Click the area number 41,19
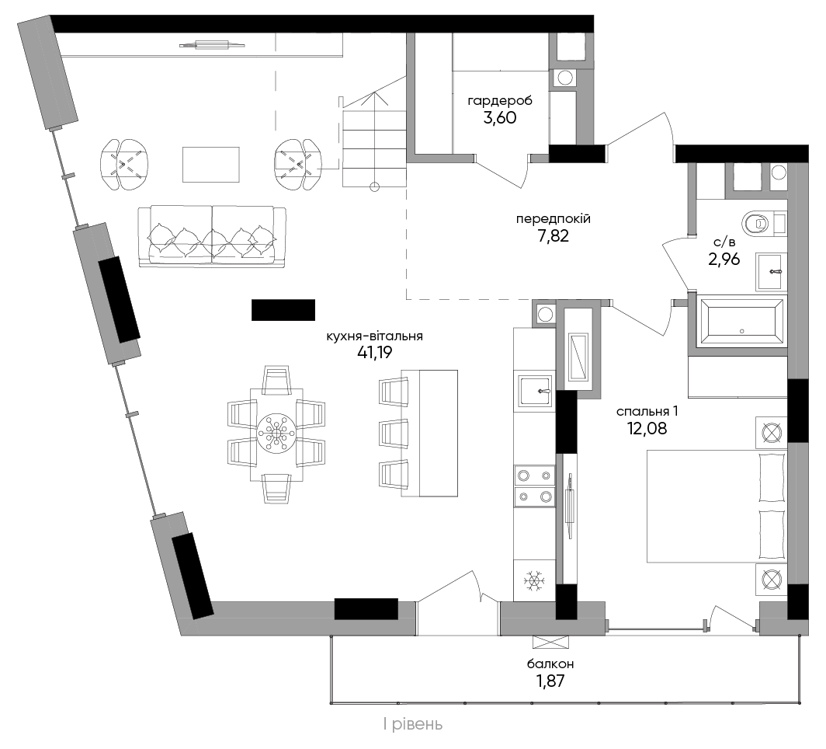[374, 352]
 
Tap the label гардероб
[500, 100]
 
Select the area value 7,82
[553, 235]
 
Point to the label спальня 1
[647, 411]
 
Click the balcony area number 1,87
[550, 681]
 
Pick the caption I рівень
[413, 725]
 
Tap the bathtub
[741, 322]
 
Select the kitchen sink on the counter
[535, 391]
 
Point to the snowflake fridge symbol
[534, 581]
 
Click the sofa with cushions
[212, 235]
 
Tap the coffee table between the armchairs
[210, 165]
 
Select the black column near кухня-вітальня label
[283, 310]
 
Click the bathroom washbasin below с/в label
[771, 271]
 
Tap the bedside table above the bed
[771, 433]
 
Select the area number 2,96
[724, 260]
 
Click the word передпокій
[553, 219]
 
